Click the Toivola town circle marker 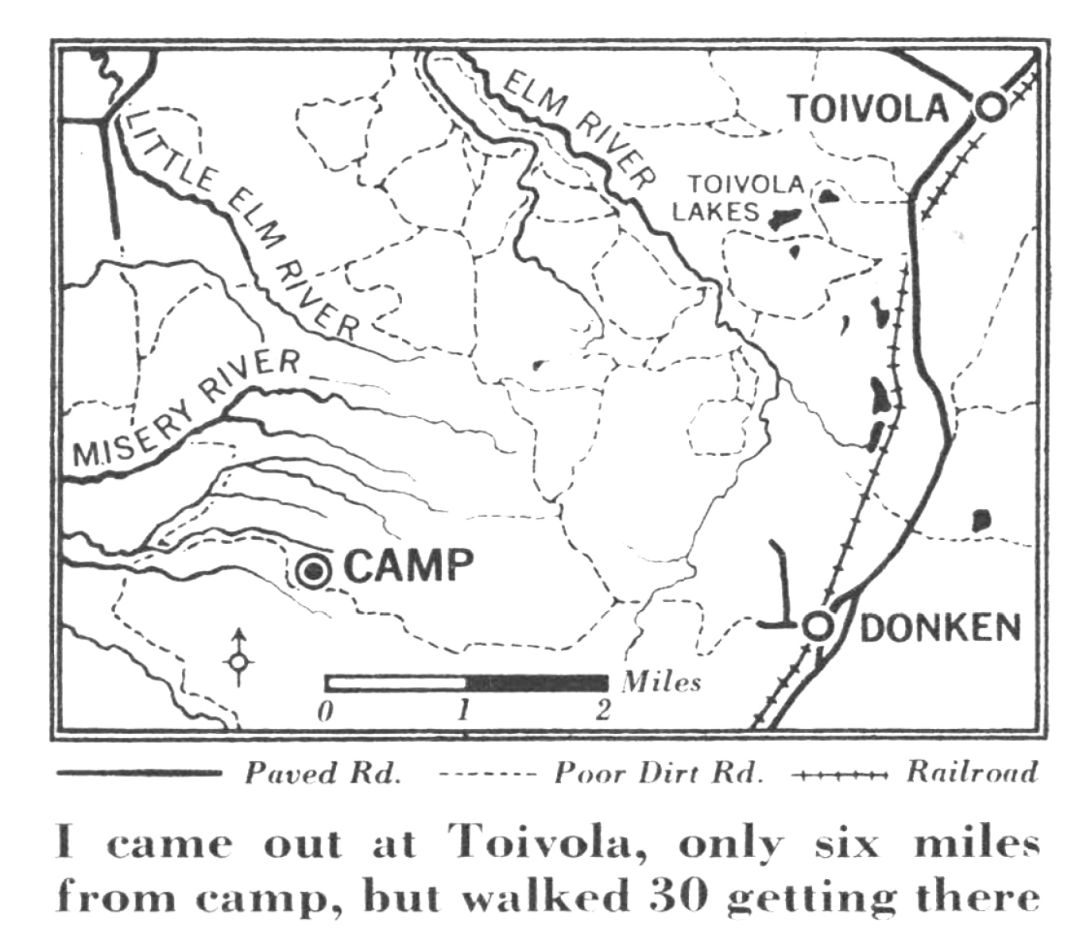coord(990,107)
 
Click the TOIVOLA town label coord(868,108)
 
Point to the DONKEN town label coord(940,627)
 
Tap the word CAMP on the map coord(409,565)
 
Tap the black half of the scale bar coord(536,683)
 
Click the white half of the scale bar coord(395,683)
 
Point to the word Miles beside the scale coord(662,681)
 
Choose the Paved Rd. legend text coord(322,773)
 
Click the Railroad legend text coord(972,772)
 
